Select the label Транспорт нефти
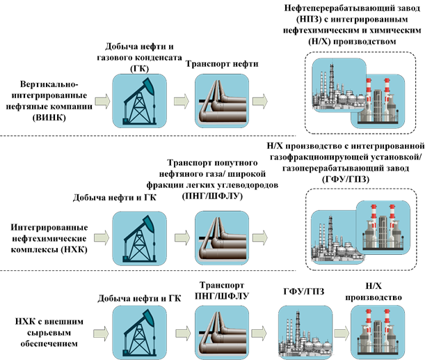point(222,64)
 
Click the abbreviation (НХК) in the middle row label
point(72,249)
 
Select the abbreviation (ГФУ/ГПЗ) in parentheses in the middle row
point(346,180)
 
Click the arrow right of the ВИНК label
point(102,102)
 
